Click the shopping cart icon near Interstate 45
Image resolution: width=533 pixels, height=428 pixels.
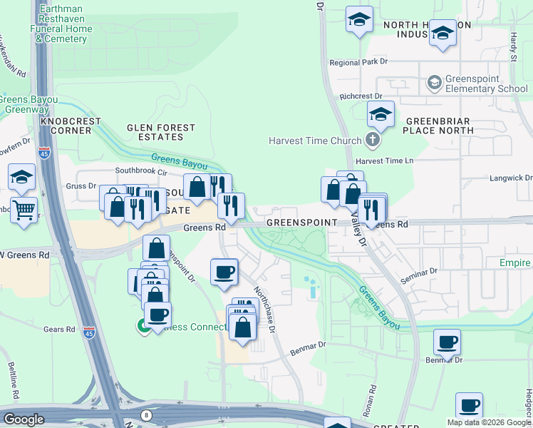(24, 210)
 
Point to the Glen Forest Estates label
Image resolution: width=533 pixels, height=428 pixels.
(160, 132)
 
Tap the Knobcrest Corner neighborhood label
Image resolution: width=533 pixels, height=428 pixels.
(71, 126)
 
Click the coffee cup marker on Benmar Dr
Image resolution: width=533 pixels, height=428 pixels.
(447, 342)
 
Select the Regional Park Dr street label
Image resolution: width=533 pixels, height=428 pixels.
(358, 63)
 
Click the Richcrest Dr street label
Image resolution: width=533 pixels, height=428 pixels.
(361, 96)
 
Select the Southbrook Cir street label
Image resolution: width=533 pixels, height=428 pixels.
(141, 171)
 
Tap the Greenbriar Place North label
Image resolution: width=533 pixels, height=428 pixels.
(438, 126)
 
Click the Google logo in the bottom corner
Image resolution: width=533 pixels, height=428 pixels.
(24, 419)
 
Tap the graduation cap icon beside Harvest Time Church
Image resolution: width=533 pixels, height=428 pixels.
(381, 114)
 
